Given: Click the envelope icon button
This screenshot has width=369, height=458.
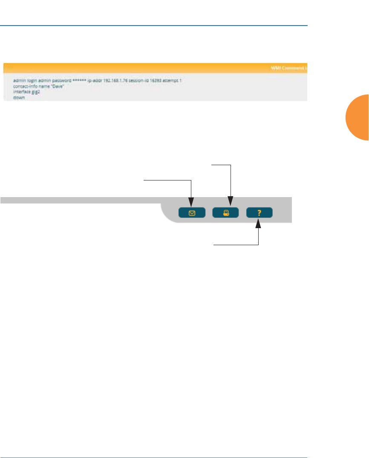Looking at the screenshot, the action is [191, 213].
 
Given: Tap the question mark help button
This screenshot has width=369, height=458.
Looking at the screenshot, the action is [259, 213].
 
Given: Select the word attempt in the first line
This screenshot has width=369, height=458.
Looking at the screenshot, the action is [172, 80].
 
